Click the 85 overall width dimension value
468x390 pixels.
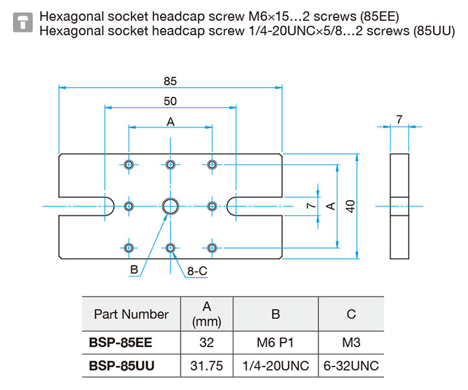170,81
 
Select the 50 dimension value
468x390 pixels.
170,101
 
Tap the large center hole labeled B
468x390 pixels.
170,206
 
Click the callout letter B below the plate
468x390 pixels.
135,270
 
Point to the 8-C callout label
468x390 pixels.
197,271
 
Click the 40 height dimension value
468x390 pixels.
350,206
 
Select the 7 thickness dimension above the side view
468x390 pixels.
399,120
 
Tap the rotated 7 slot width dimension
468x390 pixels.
311,206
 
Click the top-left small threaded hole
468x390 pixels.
129,164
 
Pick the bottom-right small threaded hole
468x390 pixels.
212,248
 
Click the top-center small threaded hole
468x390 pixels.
170,164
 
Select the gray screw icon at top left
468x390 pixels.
23,22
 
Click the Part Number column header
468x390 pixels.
131,314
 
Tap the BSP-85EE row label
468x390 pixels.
121,343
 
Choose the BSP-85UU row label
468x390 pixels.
122,366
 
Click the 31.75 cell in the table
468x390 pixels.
207,366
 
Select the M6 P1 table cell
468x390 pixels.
275,343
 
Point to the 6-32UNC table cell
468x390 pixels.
351,366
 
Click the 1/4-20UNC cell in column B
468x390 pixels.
276,366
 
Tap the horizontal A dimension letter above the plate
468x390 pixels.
170,122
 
